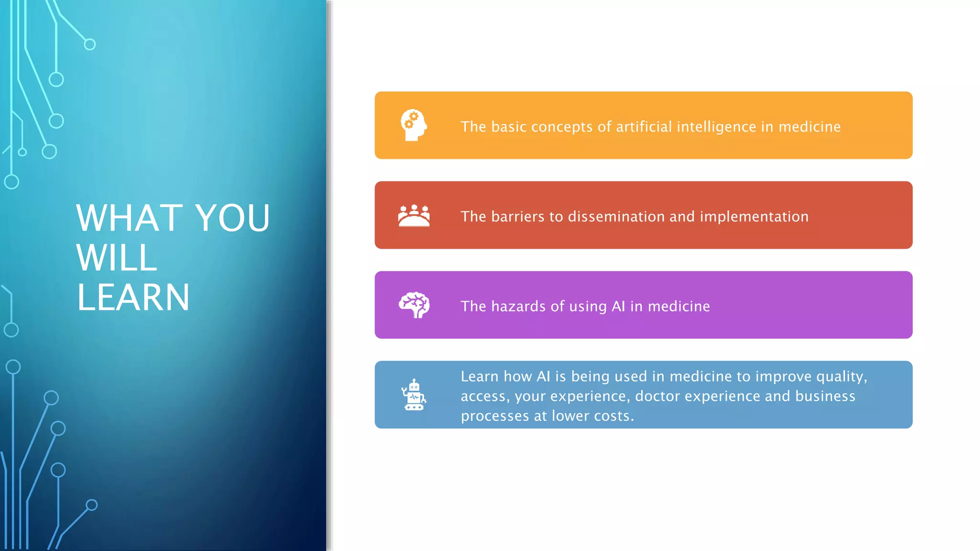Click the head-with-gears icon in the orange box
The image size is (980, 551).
point(413,125)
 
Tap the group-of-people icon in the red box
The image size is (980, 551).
point(414,216)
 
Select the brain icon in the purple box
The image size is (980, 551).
point(414,305)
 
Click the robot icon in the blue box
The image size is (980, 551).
point(414,395)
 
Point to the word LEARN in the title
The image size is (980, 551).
point(133,298)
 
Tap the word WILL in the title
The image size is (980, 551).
point(117,258)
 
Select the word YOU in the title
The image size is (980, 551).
point(233,218)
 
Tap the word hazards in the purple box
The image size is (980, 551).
point(518,306)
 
